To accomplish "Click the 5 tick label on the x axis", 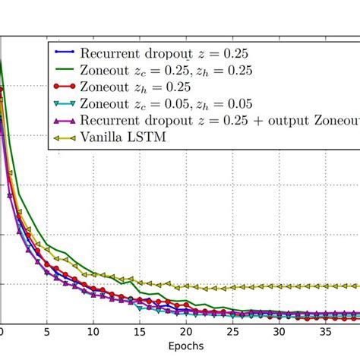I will tap(46, 332).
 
